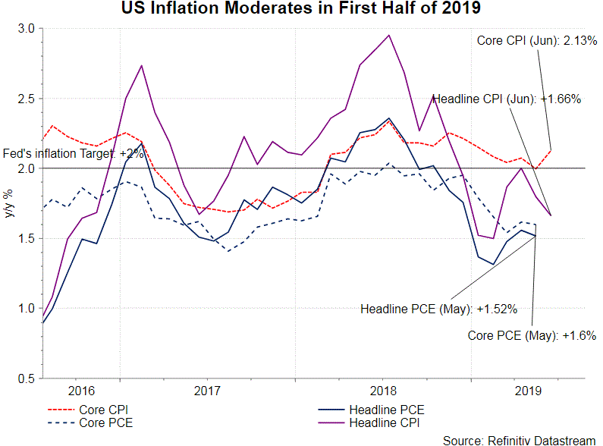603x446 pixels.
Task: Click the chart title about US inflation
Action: [301, 9]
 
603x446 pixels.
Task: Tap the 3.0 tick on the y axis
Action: [27, 28]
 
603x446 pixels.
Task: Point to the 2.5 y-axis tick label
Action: [27, 99]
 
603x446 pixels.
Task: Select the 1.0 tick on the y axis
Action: [27, 309]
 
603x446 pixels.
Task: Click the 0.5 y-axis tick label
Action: [27, 378]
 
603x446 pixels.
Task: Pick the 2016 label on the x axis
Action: [81, 391]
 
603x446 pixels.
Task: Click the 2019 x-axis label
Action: [529, 391]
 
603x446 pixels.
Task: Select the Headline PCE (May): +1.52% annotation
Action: [438, 309]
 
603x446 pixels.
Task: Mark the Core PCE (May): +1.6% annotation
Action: [532, 334]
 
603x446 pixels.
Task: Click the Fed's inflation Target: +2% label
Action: [73, 153]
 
